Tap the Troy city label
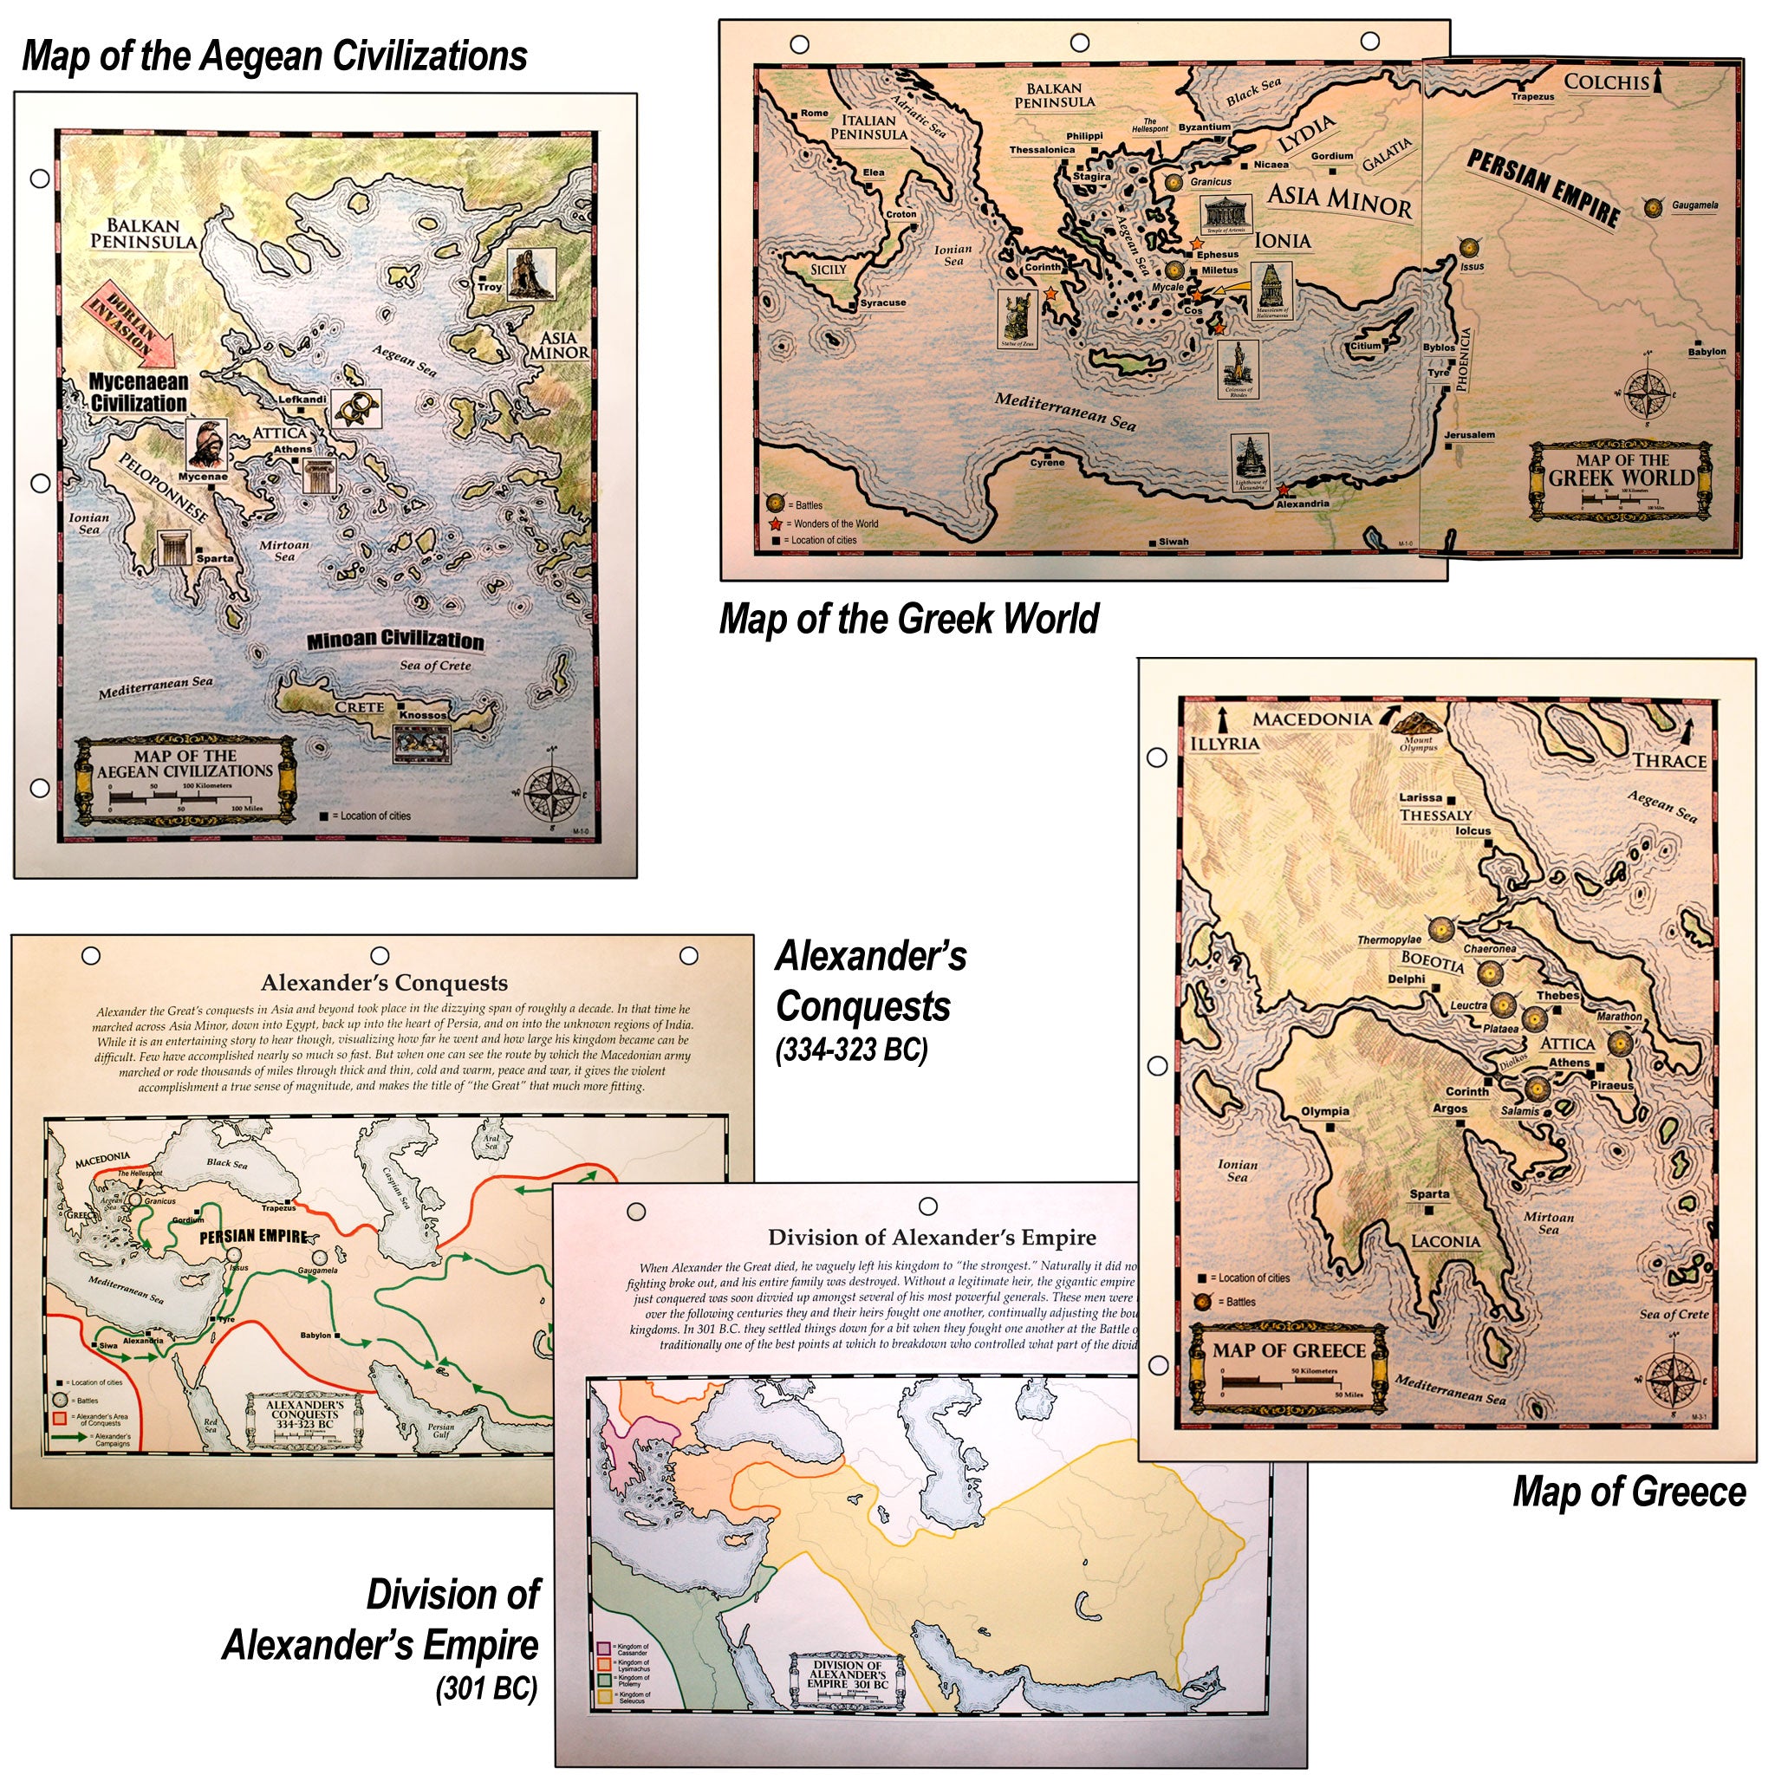tap(490, 287)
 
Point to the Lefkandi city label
tap(302, 400)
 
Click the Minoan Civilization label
tap(395, 640)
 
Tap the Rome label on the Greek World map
tap(814, 113)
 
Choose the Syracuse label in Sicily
tap(883, 302)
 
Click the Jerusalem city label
tap(1469, 434)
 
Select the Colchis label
tap(1606, 81)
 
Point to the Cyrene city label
tap(1046, 462)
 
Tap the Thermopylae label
tap(1389, 940)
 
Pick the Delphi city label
tap(1406, 979)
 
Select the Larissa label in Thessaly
tap(1421, 797)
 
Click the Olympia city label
tap(1325, 1112)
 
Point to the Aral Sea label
tap(491, 1141)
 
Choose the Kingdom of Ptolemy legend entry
tap(634, 1681)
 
